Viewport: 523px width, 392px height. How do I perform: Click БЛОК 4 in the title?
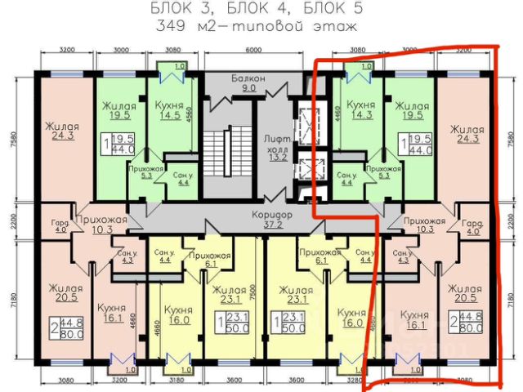(255, 9)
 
